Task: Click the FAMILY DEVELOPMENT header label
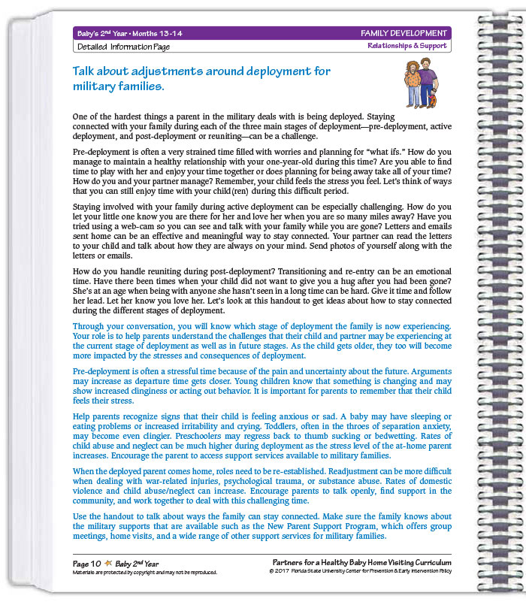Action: click(404, 33)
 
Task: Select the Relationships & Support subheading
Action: click(407, 46)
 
